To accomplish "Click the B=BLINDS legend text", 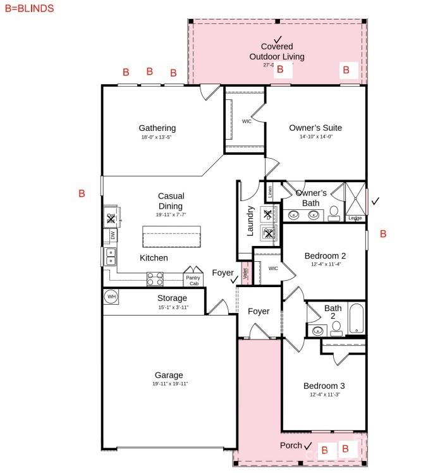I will (x=29, y=9).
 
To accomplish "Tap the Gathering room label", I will (x=157, y=128).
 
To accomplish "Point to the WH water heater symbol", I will (x=111, y=296).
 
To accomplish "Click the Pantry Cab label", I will (x=193, y=280).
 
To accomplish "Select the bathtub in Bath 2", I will (x=356, y=319).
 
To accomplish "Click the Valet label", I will (x=246, y=273).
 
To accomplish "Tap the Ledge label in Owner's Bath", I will (x=355, y=218).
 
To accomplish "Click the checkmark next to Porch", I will (x=308, y=446).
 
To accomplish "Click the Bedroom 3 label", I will (x=324, y=386).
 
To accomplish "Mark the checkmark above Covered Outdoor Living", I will (x=278, y=39).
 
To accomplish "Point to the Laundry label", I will (x=250, y=221).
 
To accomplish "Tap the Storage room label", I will (x=172, y=298).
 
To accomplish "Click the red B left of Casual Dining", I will (x=82, y=193).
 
